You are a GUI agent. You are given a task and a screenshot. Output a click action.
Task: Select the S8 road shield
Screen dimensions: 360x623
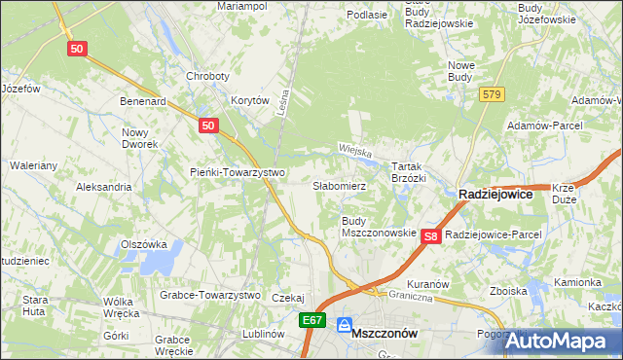tap(433, 235)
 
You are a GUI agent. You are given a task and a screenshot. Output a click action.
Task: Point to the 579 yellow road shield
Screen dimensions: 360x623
tap(491, 94)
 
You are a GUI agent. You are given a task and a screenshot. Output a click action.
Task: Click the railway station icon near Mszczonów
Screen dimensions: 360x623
tap(344, 325)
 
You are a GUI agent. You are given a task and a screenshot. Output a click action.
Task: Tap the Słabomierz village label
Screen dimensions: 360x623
tap(339, 185)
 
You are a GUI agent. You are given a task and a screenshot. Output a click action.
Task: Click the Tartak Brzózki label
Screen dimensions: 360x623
tap(409, 172)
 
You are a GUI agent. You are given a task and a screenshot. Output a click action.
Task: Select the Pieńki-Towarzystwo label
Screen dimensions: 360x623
tap(237, 172)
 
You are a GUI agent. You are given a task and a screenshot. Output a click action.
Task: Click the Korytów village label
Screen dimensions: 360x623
tap(249, 100)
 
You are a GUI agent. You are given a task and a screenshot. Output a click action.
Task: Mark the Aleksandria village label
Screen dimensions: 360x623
tap(103, 186)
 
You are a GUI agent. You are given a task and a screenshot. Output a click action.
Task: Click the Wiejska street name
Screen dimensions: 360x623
tap(357, 150)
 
